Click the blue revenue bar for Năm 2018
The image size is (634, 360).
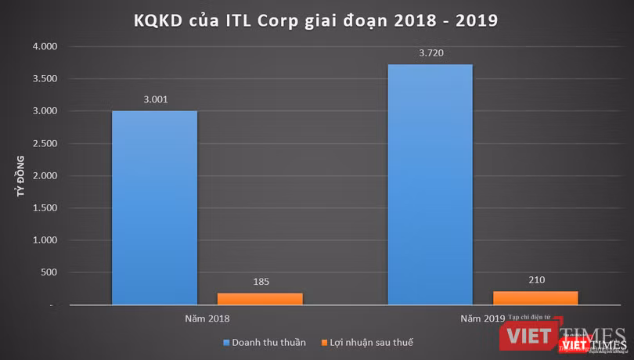[x=154, y=207]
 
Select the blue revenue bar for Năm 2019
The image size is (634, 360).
[x=430, y=184]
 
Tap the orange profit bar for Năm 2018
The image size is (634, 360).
[x=260, y=298]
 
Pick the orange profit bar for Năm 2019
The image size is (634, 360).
[x=535, y=297]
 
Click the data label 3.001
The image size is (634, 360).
[x=154, y=99]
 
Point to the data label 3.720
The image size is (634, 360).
[x=430, y=53]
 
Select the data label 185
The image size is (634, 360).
[x=260, y=282]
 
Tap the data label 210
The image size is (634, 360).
[x=535, y=280]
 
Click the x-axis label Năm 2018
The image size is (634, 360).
[x=207, y=319]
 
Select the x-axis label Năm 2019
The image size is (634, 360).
[x=482, y=319]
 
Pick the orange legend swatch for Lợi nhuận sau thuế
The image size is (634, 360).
[x=324, y=342]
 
